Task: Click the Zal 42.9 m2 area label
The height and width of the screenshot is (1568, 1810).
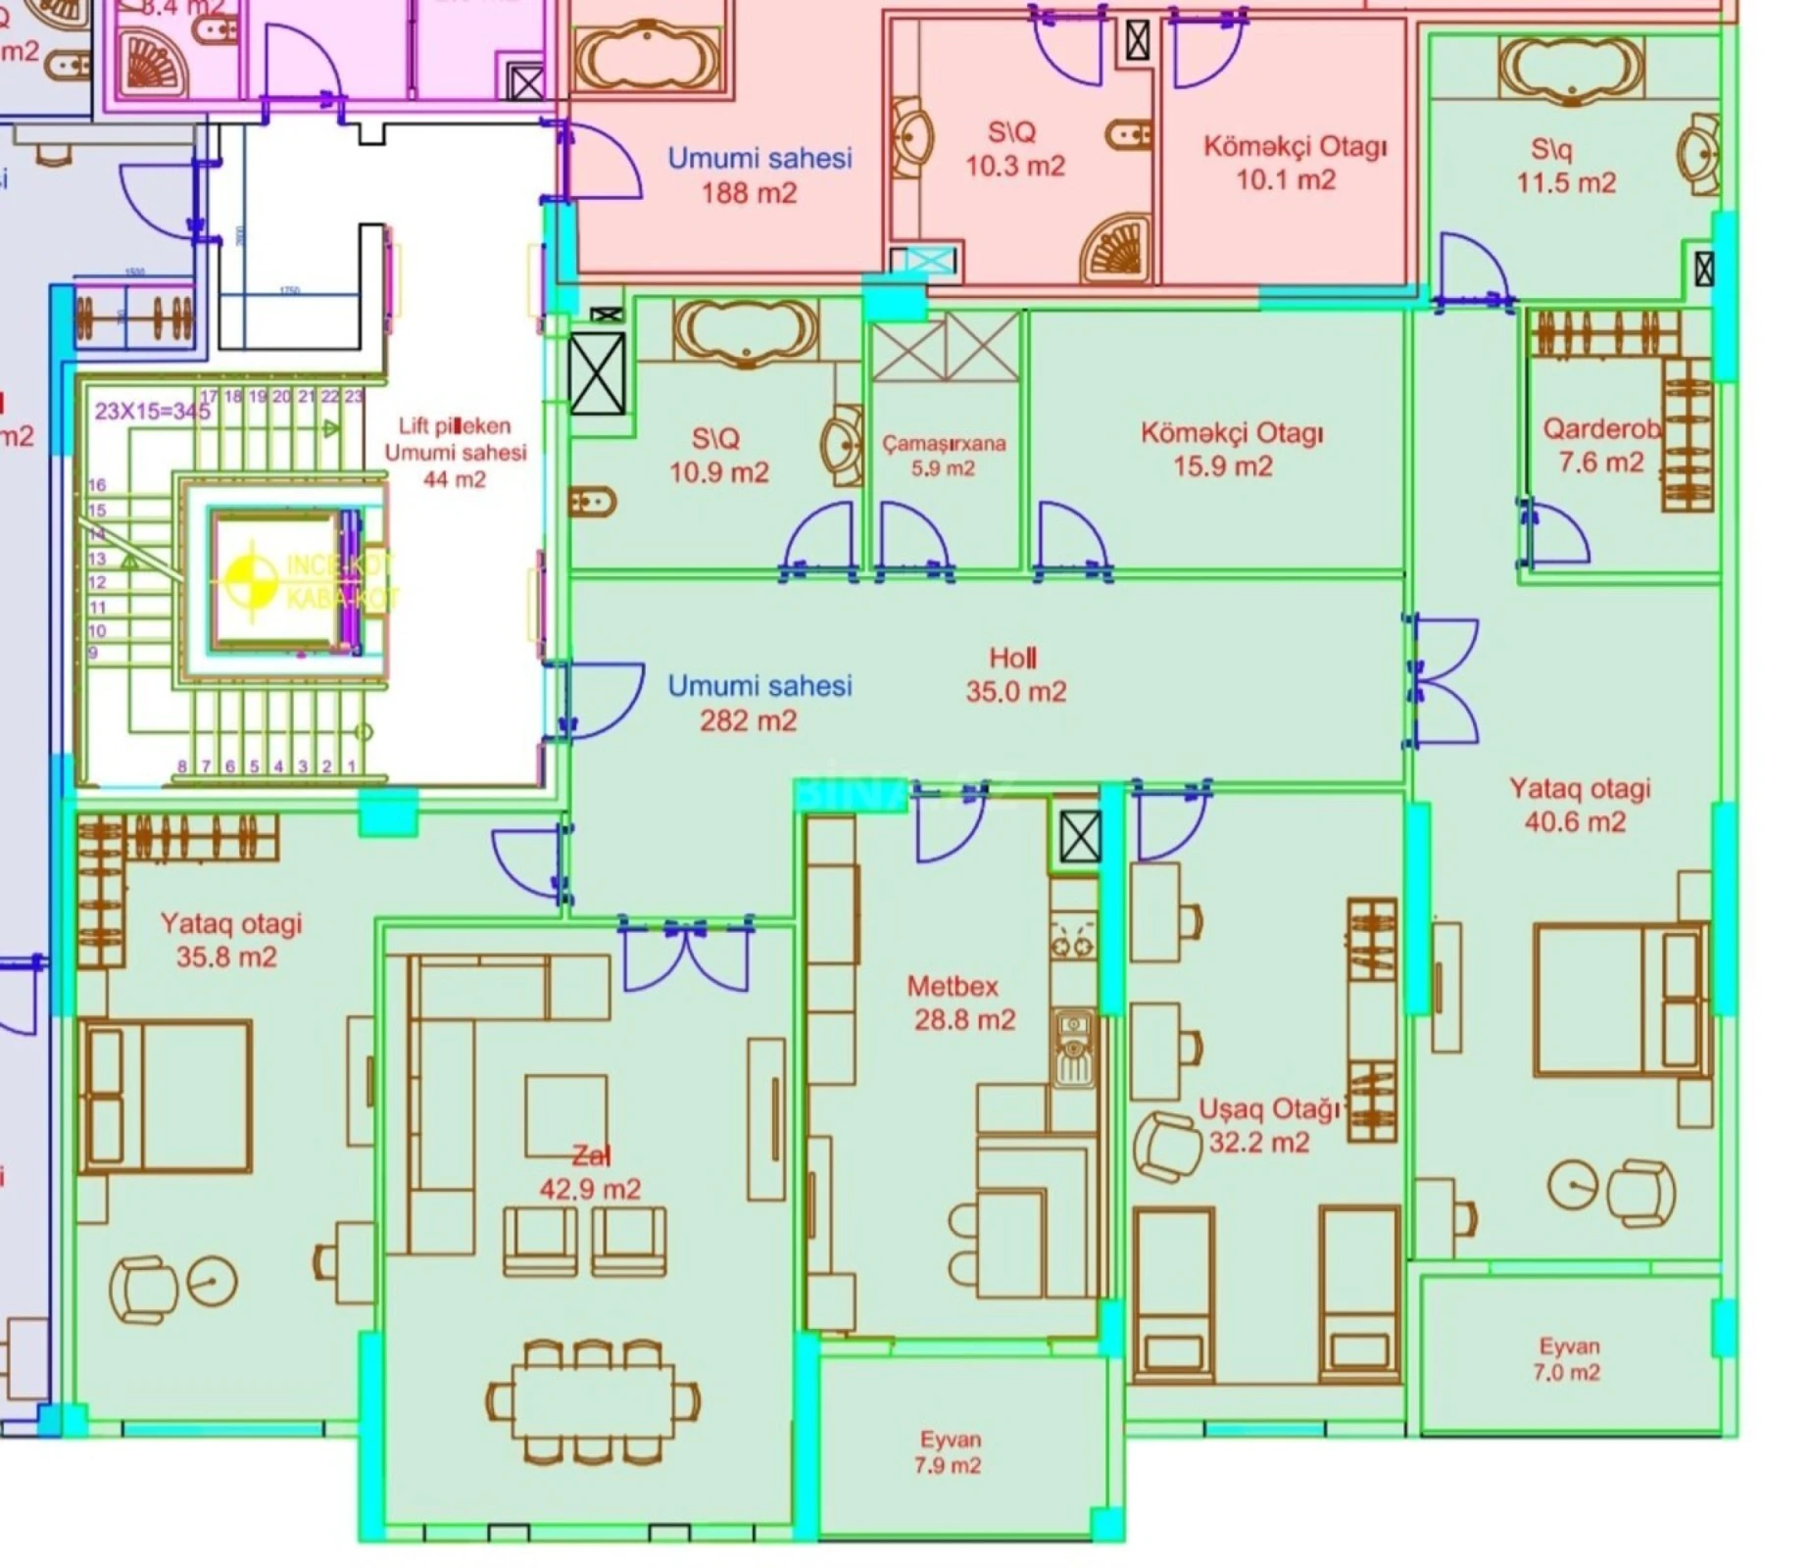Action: [590, 1173]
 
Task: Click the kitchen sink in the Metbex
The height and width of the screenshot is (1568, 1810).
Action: [1074, 1049]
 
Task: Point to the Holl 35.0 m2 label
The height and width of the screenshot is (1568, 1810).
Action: [1015, 675]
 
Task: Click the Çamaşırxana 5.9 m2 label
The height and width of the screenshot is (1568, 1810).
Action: [944, 456]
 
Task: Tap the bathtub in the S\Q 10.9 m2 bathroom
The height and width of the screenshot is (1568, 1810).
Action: [745, 331]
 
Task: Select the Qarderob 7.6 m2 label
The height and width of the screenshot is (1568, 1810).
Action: [1601, 446]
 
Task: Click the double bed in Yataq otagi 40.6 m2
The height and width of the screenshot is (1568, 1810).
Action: [1617, 1000]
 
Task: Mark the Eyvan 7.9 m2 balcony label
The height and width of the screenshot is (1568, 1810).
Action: [949, 1452]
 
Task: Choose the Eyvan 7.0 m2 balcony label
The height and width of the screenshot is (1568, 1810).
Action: [1567, 1359]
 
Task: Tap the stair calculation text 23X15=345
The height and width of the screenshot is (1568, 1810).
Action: [152, 411]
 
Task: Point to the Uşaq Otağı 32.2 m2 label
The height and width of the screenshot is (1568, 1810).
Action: [1264, 1126]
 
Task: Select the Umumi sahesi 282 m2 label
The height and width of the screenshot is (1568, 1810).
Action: [758, 703]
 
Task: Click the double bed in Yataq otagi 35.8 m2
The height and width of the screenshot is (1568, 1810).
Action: [167, 1096]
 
